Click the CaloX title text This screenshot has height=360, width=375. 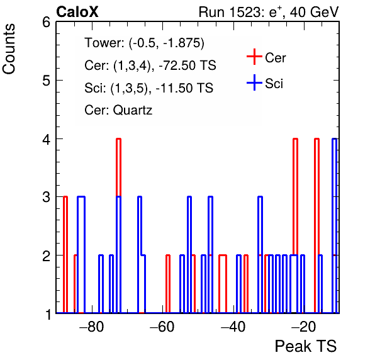click(77, 12)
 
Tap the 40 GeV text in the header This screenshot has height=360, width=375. click(315, 12)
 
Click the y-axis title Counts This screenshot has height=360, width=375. click(9, 49)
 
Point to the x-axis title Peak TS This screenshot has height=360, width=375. click(306, 346)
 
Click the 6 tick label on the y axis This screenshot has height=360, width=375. click(46, 22)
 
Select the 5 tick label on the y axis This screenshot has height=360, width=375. click(46, 81)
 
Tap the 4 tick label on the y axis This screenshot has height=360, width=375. click(46, 139)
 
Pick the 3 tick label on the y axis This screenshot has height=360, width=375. click(46, 197)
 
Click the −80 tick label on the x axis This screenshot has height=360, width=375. click(92, 327)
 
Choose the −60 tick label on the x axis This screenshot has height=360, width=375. click(162, 327)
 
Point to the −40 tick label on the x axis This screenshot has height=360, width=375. click(233, 327)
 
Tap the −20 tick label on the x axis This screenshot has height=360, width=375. click(304, 327)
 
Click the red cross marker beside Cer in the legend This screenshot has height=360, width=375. click(254, 57)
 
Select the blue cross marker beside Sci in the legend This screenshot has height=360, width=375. click(254, 82)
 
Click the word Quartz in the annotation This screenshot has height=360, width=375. click(133, 111)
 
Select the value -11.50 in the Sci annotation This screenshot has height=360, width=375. click(174, 88)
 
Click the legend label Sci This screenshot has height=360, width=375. click(274, 84)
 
